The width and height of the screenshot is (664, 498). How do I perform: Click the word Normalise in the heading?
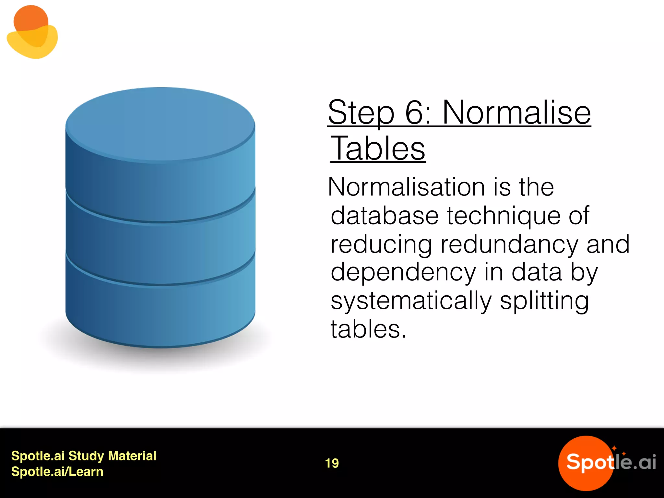[516, 113]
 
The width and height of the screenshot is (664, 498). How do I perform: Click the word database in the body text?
[385, 216]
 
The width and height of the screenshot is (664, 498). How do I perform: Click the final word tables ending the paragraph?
[368, 329]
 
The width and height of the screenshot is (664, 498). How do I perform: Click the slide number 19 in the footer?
[332, 463]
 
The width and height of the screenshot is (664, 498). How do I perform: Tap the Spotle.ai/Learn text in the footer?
[57, 472]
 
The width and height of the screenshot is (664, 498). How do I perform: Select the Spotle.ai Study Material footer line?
[84, 456]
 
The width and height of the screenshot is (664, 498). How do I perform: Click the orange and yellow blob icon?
[32, 32]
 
